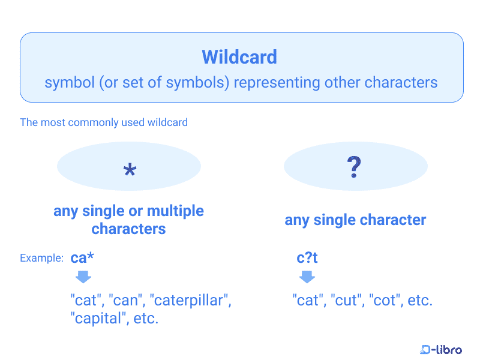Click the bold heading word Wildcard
coord(239,57)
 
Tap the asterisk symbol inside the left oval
coord(130,170)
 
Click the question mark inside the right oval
coord(354,167)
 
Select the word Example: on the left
coord(41,258)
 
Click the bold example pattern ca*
coord(82,257)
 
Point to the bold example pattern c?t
coord(307,258)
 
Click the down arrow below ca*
coord(83,277)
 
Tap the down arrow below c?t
coord(307,277)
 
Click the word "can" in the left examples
coord(125,301)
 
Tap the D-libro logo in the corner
coord(441,349)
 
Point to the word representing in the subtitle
coord(277,83)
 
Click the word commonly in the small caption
coord(93,122)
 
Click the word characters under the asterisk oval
coord(128,229)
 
